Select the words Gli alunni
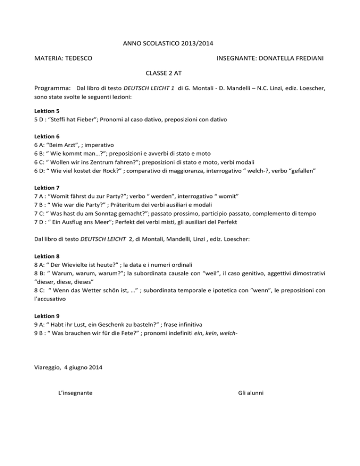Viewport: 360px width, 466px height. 248,393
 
